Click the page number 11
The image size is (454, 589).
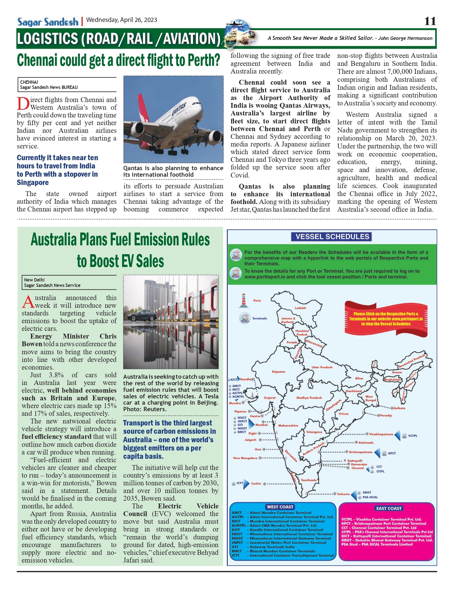[x=430, y=21]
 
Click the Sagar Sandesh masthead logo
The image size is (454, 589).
[x=48, y=22]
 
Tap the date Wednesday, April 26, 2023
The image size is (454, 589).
[x=122, y=20]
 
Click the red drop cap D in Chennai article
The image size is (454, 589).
[x=23, y=104]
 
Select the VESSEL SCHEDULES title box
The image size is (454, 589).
[x=332, y=237]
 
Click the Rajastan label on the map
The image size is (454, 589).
[x=278, y=372]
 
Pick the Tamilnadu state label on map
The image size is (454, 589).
[x=309, y=480]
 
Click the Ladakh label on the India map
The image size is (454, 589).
[x=300, y=308]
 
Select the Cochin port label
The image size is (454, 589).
[x=256, y=484]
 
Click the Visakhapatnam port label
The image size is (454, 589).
[x=381, y=434]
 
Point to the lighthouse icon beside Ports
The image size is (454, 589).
[x=243, y=301]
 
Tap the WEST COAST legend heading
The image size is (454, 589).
[x=280, y=507]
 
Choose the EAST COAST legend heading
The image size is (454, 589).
[x=389, y=508]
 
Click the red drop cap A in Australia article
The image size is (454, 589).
[x=28, y=302]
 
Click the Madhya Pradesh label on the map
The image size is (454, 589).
[x=309, y=398]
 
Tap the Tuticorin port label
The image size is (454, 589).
[x=343, y=494]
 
